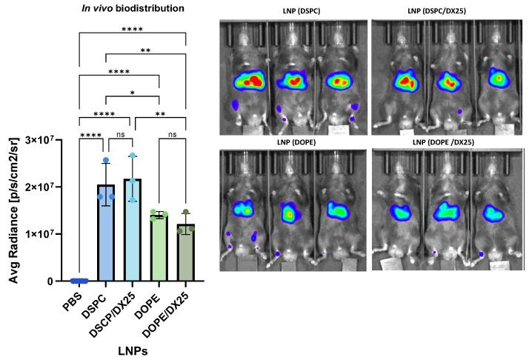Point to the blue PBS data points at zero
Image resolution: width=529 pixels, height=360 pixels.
coord(79,281)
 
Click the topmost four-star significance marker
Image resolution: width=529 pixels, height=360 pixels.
coord(132,29)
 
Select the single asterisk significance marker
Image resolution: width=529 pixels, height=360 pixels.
coord(133,92)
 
